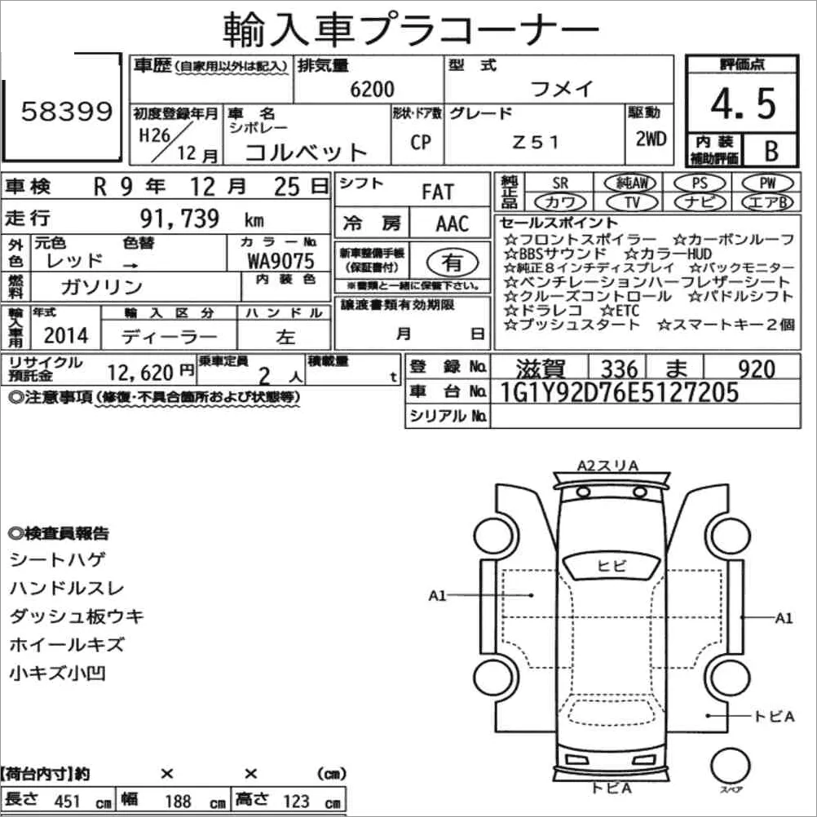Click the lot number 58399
tap(67, 112)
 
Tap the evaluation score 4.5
tap(744, 104)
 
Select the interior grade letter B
tap(771, 151)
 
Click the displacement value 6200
tap(372, 89)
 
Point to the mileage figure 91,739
tap(179, 219)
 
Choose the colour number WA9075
tap(280, 261)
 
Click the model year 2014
tap(66, 336)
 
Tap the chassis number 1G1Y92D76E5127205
tap(619, 392)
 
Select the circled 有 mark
tap(453, 263)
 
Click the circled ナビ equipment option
tap(700, 202)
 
